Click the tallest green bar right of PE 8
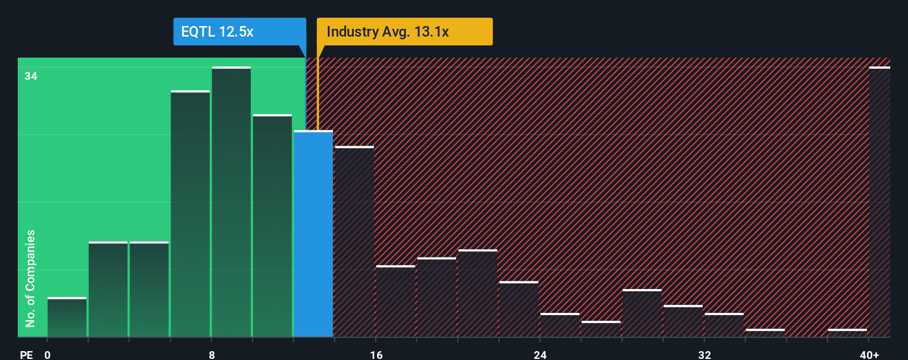(231, 202)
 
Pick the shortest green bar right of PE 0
(67, 317)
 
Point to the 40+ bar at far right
(879, 202)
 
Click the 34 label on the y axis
(31, 76)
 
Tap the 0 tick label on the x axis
(48, 354)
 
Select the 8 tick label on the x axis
(211, 354)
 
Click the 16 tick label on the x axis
(376, 354)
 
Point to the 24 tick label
(540, 354)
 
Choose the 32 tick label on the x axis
(704, 354)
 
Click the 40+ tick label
(869, 354)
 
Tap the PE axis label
(27, 354)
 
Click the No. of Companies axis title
(30, 278)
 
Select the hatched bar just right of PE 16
(395, 302)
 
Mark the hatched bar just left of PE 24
(519, 310)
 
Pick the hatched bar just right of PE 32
(724, 326)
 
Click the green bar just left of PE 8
(190, 214)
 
